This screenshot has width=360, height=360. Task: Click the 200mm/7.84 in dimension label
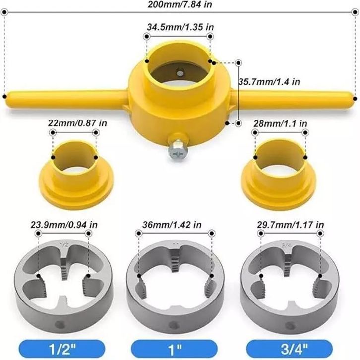coord(180,4)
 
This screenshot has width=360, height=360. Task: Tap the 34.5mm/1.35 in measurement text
coord(180,27)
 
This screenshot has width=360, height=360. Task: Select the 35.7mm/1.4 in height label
coord(269,82)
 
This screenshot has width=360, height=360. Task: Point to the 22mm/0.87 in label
coord(77,123)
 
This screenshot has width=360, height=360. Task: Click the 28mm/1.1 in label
coord(280,124)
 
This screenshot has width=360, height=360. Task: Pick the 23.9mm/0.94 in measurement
coord(64,225)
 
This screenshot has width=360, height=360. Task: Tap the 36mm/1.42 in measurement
coord(172,225)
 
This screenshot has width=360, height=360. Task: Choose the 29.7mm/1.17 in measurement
coord(290,225)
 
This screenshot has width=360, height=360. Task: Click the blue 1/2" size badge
coord(62,349)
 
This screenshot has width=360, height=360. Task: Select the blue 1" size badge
coord(174,349)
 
